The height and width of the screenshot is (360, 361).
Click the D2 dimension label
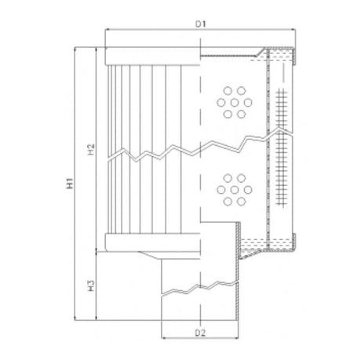[200, 333]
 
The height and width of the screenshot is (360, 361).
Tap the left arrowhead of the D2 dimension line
[162, 340]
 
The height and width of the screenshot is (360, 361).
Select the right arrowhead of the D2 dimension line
[238, 340]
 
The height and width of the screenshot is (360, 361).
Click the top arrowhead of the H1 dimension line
[76, 49]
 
